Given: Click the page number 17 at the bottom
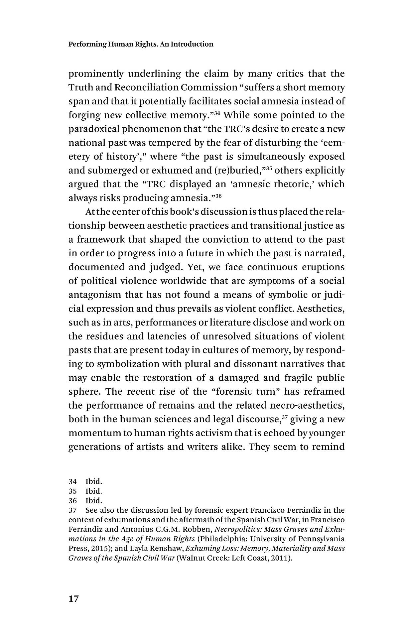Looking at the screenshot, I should point(73,599).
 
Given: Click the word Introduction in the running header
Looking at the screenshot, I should point(192,44).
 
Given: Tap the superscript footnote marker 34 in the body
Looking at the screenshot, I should point(217,112).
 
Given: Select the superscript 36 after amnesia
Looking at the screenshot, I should point(218,195).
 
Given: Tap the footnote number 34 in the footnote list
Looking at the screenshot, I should point(72,481).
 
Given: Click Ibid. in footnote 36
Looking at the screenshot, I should point(94,500).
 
